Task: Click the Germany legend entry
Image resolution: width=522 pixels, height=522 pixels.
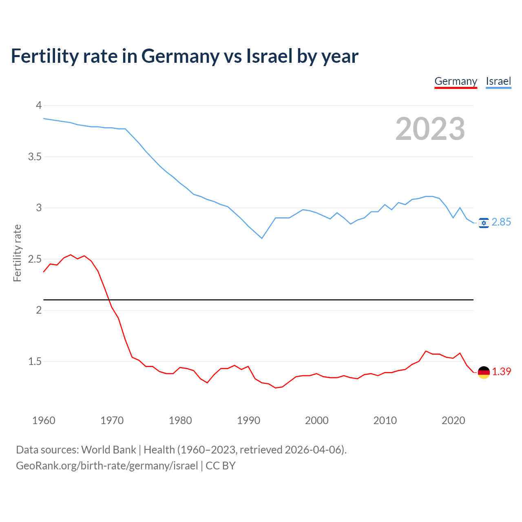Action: tap(456, 81)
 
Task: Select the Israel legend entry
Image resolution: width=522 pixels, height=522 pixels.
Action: tap(498, 81)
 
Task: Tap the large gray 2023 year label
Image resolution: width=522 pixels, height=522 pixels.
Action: tap(430, 129)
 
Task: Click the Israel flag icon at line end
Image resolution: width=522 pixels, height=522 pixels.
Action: tap(484, 223)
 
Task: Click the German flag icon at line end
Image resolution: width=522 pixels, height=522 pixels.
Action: tap(484, 372)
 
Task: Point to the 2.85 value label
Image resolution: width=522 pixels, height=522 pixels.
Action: tap(501, 222)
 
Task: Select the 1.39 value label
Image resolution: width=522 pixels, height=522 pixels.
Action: tap(501, 372)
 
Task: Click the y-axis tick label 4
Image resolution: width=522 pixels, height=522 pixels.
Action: tap(39, 106)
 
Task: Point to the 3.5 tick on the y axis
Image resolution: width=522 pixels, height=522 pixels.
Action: tap(35, 157)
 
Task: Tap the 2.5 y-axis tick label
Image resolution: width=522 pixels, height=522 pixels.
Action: tap(35, 259)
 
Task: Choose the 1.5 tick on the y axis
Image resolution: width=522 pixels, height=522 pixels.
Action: tap(35, 362)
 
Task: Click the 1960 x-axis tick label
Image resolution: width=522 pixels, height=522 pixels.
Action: tap(44, 420)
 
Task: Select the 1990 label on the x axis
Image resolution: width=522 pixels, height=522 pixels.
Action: tap(248, 420)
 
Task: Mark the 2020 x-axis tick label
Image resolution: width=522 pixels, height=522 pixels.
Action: tap(453, 420)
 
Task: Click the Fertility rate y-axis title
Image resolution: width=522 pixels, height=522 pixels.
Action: tap(17, 253)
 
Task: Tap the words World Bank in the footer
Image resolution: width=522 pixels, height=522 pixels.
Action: tap(108, 450)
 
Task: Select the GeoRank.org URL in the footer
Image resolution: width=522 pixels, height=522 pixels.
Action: tap(107, 466)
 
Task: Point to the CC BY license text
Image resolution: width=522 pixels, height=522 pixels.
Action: tap(221, 466)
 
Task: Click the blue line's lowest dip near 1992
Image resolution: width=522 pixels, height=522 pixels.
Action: tap(262, 238)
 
